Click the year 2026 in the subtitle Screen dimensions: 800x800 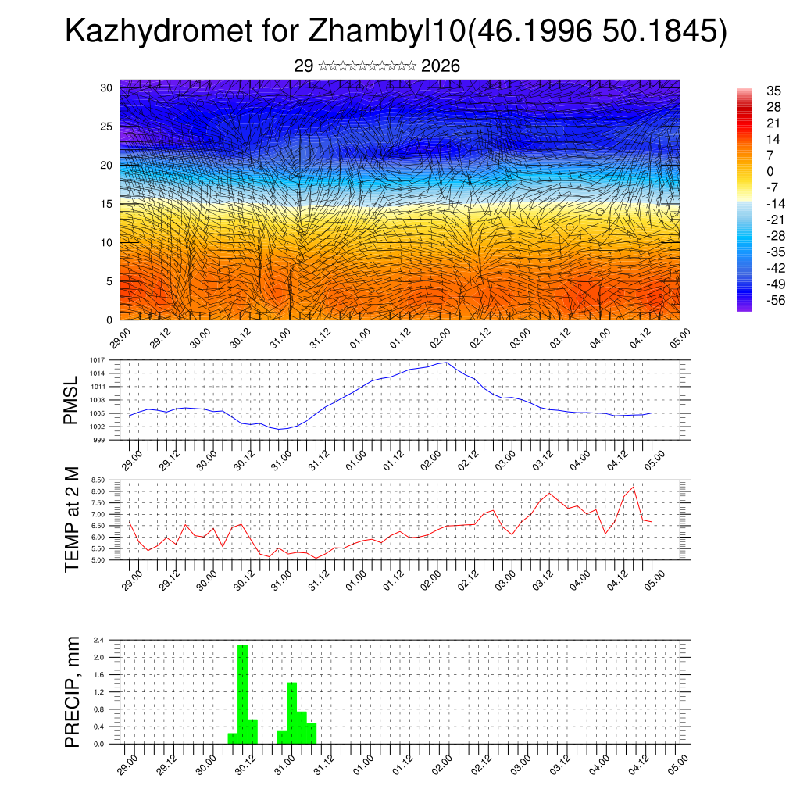pos(440,66)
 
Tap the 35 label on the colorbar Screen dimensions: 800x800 pos(753,91)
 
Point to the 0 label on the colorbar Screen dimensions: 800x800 pos(748,171)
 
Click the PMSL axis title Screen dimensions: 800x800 pos(71,401)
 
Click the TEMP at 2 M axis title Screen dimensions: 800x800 pos(72,519)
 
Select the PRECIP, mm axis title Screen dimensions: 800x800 pos(72,692)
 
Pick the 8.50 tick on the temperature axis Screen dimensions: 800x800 pos(98,480)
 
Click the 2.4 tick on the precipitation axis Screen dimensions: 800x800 pos(100,640)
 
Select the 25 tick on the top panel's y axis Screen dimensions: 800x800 pos(107,127)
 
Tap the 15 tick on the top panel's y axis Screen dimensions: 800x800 pos(107,204)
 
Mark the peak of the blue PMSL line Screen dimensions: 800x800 pos(445,362)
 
